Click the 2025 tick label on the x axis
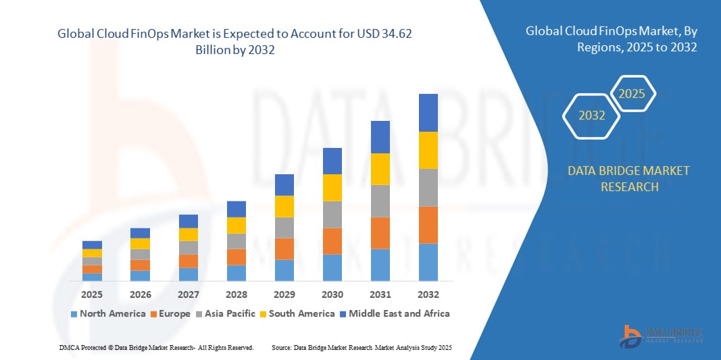pyautogui.click(x=92, y=294)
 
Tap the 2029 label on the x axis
pyautogui.click(x=284, y=294)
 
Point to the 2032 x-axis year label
pyautogui.click(x=428, y=294)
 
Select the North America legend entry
pyautogui.click(x=107, y=313)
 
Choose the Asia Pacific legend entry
pyautogui.click(x=226, y=313)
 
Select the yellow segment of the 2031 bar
pyautogui.click(x=380, y=169)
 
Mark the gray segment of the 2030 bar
pyautogui.click(x=332, y=214)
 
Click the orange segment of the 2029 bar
pyautogui.click(x=284, y=249)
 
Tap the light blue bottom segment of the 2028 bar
pyautogui.click(x=237, y=273)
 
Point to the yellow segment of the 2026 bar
pyautogui.click(x=140, y=243)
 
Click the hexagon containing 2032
pyautogui.click(x=592, y=115)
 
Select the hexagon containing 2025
pyautogui.click(x=632, y=94)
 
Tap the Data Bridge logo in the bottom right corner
pyautogui.click(x=661, y=336)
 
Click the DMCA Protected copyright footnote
pyautogui.click(x=156, y=347)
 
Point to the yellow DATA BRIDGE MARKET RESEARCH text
pyautogui.click(x=629, y=178)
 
